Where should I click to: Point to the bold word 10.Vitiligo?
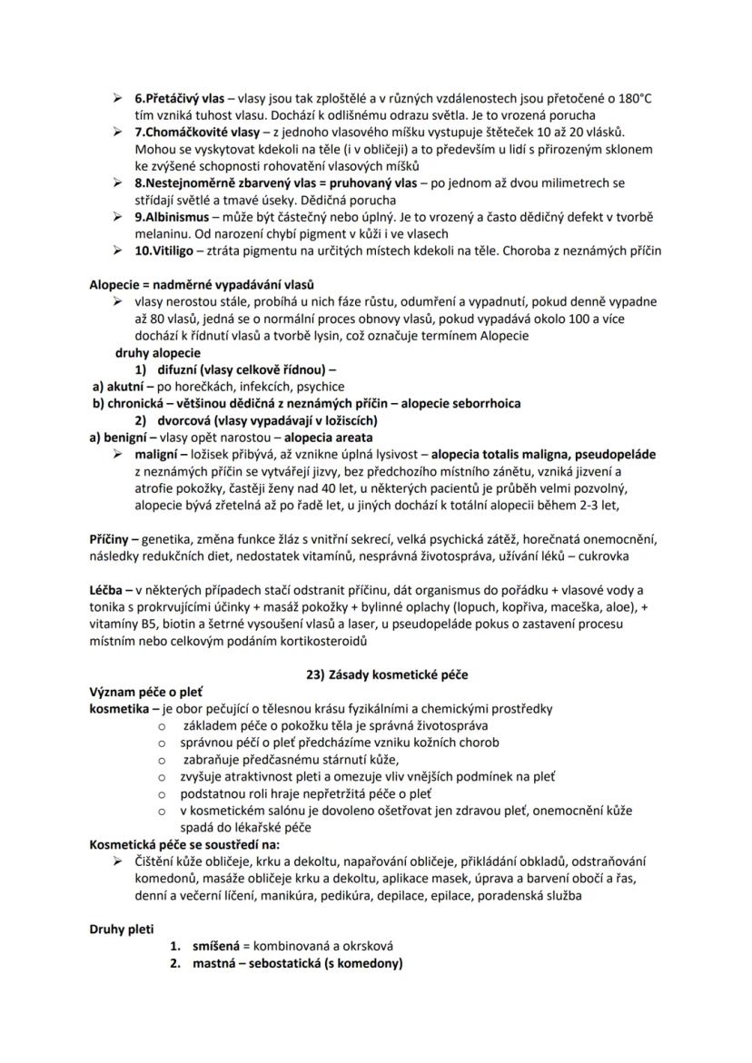pyautogui.click(x=163, y=251)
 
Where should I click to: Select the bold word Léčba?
pyautogui.click(x=106, y=590)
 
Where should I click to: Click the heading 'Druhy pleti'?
pyautogui.click(x=122, y=929)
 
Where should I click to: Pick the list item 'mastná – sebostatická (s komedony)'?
pyautogui.click(x=298, y=963)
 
